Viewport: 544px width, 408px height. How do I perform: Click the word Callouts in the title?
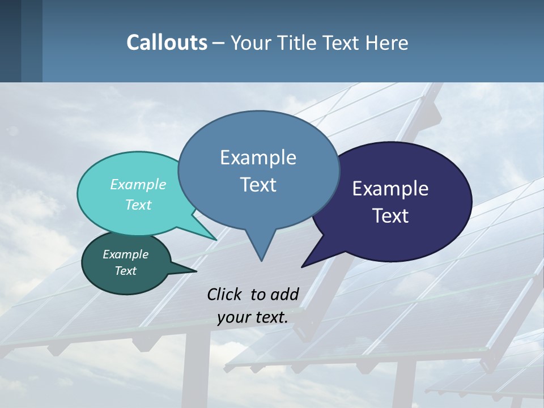click(x=167, y=42)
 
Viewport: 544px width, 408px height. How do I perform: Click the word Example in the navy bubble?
click(x=390, y=189)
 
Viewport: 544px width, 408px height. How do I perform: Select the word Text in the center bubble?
click(x=258, y=185)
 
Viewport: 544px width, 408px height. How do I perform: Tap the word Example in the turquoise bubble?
click(x=138, y=184)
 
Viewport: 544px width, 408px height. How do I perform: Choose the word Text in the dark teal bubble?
click(x=126, y=271)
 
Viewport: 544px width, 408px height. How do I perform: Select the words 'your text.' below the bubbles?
click(x=253, y=317)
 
